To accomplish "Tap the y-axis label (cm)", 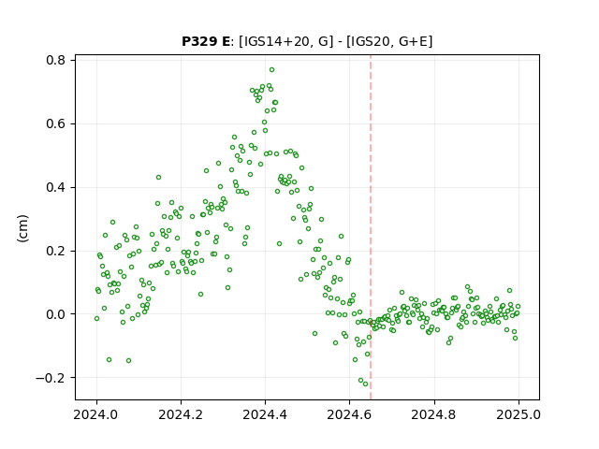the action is tap(22, 228).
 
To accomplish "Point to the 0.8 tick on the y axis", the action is tap(55, 60).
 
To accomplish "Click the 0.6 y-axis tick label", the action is tap(55, 124).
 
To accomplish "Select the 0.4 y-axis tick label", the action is tap(55, 187).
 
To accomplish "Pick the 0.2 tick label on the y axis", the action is tap(55, 252).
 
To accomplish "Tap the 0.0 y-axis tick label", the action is tap(55, 314).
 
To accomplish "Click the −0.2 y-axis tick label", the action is tap(51, 378).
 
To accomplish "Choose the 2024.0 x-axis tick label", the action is tap(96, 414).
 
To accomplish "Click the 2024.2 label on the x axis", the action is tap(181, 414).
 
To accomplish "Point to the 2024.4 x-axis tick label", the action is tap(265, 414).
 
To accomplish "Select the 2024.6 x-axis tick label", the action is tap(349, 414).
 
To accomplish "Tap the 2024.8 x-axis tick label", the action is tap(434, 414).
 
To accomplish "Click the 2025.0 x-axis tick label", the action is tap(519, 414).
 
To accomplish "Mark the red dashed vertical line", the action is tap(371, 227).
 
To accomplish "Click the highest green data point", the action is tap(271, 70).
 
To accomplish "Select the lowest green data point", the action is tap(366, 384).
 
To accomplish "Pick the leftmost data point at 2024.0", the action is tap(96, 318).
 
